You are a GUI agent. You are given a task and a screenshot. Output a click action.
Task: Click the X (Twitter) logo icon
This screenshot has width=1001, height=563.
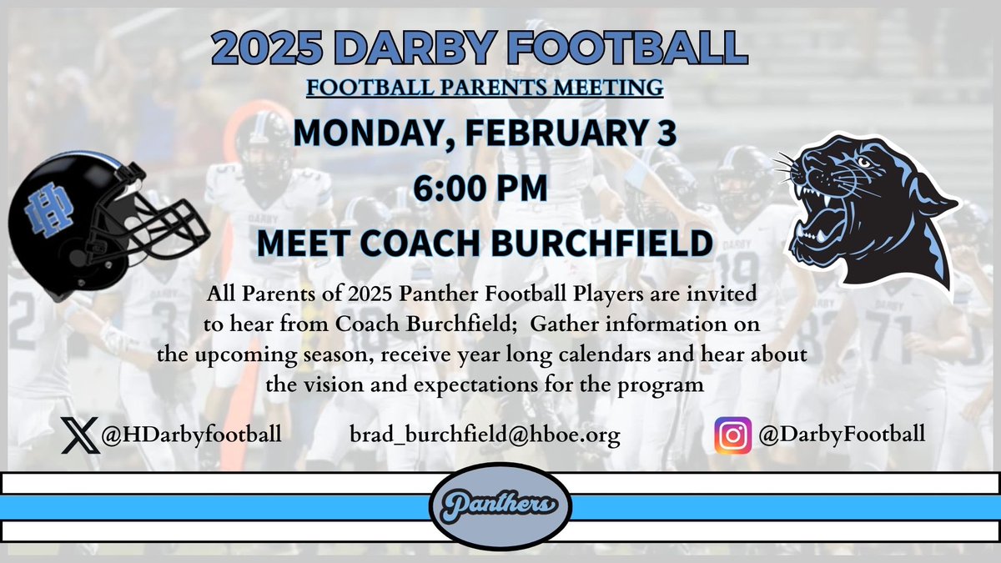80,435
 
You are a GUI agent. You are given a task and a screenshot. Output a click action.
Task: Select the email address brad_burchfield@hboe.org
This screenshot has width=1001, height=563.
486,435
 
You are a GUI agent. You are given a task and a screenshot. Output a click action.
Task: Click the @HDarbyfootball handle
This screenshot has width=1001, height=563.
191,435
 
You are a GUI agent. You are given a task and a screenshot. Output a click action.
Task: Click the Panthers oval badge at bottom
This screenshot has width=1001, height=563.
500,505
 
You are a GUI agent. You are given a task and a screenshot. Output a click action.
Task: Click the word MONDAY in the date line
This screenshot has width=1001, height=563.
355,133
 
